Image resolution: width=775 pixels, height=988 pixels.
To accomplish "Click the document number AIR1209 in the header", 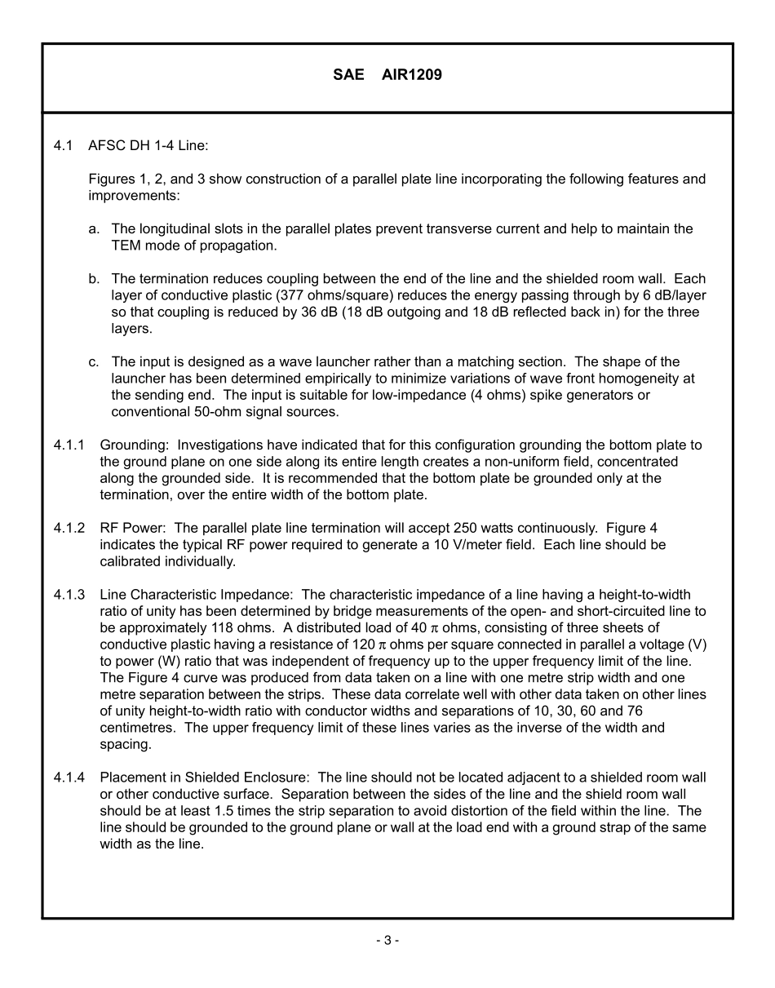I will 412,75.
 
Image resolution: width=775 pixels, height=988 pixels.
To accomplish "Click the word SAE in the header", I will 348,75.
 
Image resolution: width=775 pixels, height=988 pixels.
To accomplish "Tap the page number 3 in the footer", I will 387,940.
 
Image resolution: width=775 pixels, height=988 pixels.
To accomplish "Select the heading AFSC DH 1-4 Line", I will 148,145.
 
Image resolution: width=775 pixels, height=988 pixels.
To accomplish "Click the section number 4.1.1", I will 69,445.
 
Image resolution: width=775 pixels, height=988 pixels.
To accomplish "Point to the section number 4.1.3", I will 69,594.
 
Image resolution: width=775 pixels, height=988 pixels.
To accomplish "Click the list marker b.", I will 94,278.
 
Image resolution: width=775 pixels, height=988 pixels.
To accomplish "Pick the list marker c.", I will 94,361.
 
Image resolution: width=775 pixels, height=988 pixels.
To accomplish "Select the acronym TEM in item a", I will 126,245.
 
